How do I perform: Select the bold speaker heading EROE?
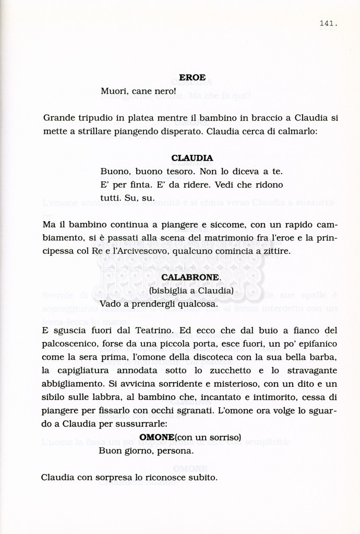pyautogui.click(x=192, y=77)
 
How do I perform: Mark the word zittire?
pyautogui.click(x=277, y=251)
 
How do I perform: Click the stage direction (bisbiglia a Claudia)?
pyautogui.click(x=191, y=290)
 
